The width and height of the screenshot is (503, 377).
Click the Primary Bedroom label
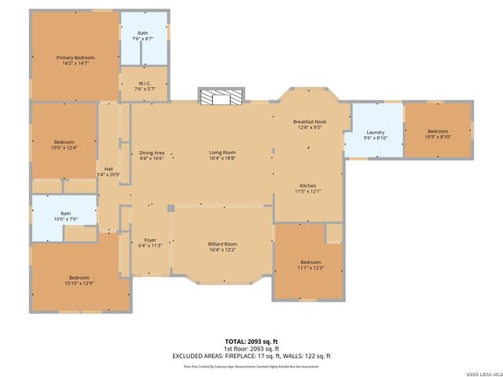pyautogui.click(x=75, y=57)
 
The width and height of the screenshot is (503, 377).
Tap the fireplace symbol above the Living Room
pyautogui.click(x=221, y=97)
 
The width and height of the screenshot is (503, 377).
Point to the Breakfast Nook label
pyautogui.click(x=308, y=122)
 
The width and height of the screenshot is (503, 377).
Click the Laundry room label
pyautogui.click(x=375, y=131)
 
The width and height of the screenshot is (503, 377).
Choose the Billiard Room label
pyautogui.click(x=222, y=243)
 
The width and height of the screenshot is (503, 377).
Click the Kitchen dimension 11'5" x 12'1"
pyautogui.click(x=307, y=191)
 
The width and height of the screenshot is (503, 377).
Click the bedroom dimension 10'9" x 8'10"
pyautogui.click(x=437, y=137)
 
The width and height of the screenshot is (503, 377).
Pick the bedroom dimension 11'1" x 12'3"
pyautogui.click(x=310, y=268)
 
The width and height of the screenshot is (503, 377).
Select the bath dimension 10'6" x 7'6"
pyautogui.click(x=65, y=219)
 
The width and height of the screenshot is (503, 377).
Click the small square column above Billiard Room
pyautogui.click(x=170, y=208)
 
